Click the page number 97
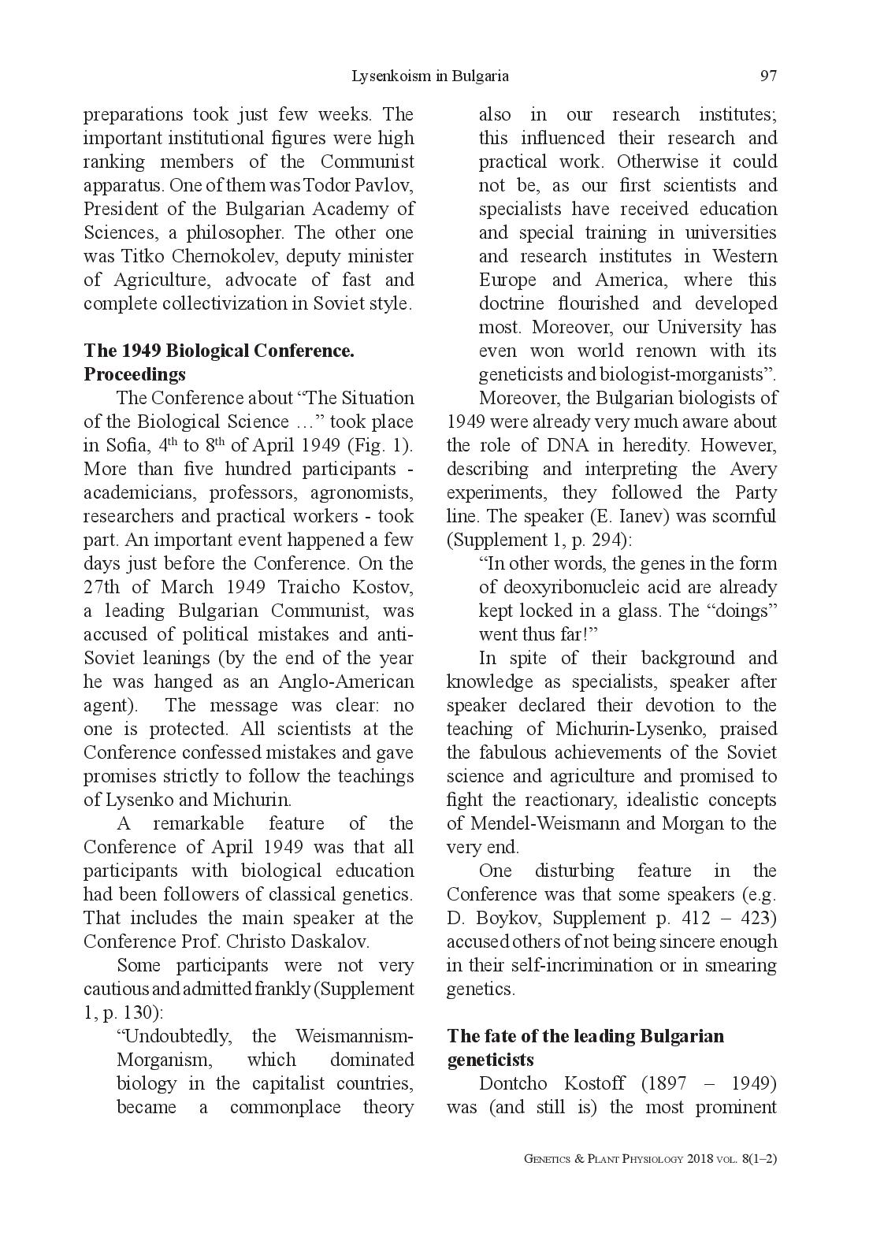[768, 76]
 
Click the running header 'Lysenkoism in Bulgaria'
[429, 76]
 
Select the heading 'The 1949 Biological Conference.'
[219, 351]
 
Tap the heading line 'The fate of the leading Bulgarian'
[585, 1036]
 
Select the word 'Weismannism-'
[355, 1037]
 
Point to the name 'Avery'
[755, 470]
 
